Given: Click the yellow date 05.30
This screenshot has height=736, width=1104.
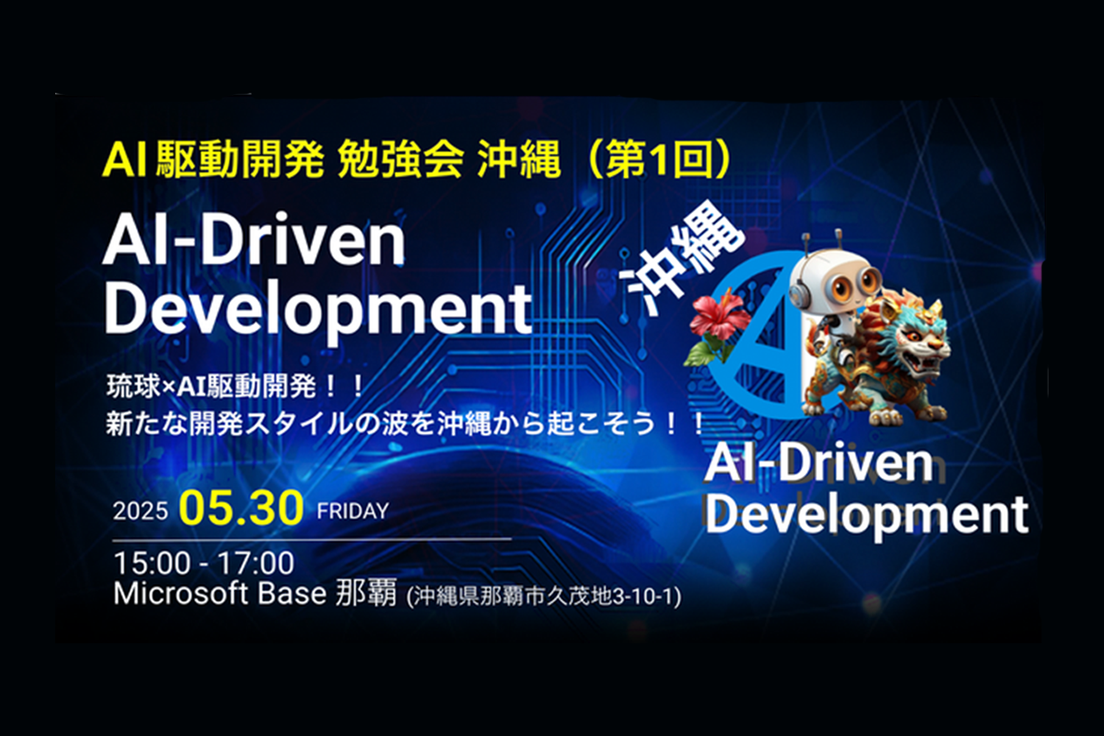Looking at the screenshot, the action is coord(241,509).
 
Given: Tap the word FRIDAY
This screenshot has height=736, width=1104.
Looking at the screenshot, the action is coord(353,512).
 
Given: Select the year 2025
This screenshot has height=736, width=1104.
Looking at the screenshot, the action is coord(141,512).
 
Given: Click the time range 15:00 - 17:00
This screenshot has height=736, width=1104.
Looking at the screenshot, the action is coord(204,563).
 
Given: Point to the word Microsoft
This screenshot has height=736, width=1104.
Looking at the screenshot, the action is coord(180,593).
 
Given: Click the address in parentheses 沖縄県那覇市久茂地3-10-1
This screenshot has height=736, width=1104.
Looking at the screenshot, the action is coord(544,596).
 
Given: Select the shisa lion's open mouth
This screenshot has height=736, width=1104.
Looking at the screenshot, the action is coord(926,362).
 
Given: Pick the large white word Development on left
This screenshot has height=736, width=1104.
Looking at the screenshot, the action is coord(318,310).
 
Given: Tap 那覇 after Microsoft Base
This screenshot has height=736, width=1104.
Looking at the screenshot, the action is coord(366,593).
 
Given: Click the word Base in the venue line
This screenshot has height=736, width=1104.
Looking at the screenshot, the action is coord(291,593).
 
